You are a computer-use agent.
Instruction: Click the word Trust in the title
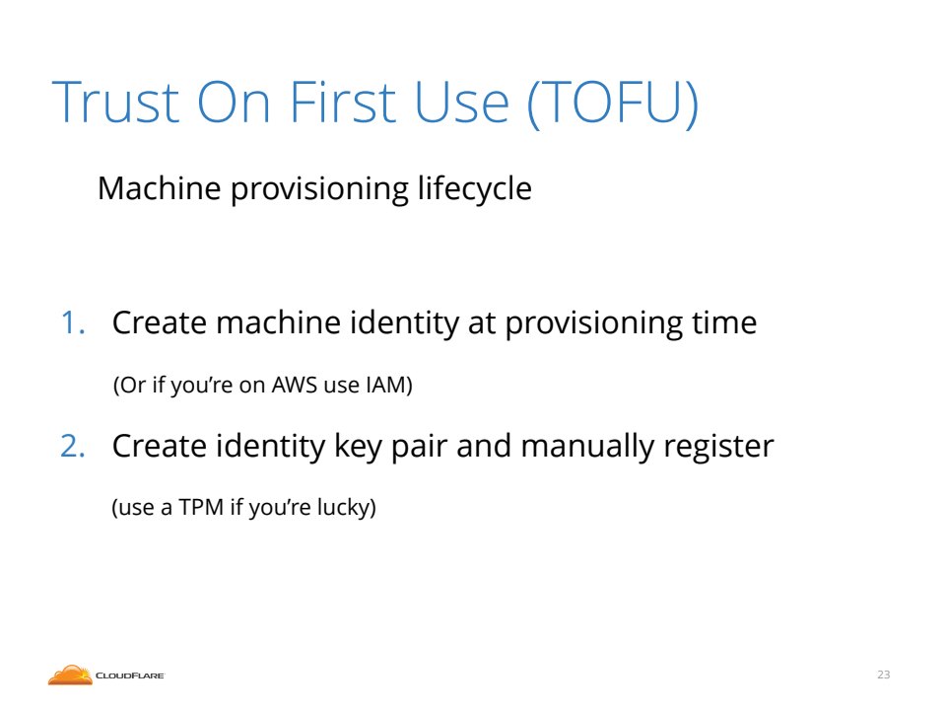[116, 102]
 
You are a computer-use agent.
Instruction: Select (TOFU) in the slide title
[613, 103]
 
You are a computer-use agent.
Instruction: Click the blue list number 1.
[72, 322]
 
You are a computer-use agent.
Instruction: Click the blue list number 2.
[72, 446]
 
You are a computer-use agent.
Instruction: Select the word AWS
[295, 385]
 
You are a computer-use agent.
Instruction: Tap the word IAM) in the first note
[389, 386]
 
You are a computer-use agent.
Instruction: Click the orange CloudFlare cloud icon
[70, 674]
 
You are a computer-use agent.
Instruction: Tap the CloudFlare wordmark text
[130, 675]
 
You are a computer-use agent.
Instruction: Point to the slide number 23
[883, 674]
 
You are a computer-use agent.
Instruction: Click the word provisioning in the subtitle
[319, 189]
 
